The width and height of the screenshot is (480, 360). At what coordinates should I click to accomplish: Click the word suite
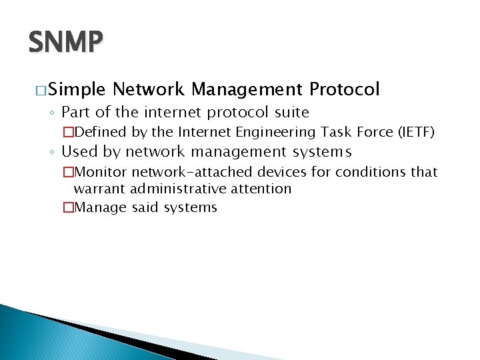[289, 112]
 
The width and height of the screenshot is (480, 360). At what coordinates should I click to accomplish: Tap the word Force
[373, 132]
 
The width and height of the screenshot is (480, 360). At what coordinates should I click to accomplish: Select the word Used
[81, 151]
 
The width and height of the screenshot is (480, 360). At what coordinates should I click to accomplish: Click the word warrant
[99, 189]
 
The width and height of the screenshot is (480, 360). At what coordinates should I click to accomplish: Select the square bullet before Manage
[67, 207]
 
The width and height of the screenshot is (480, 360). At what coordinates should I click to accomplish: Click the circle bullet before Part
[53, 113]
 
